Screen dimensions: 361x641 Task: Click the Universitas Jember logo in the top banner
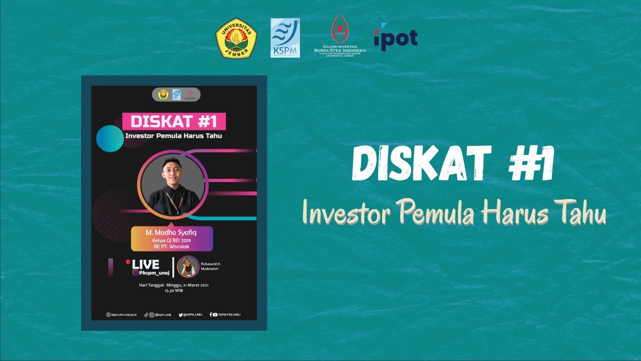coord(236,38)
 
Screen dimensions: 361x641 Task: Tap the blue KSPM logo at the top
coord(285,38)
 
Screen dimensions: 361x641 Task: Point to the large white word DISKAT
coord(421,164)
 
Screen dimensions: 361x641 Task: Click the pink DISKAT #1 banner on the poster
coord(174,122)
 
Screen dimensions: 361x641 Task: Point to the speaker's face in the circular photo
coord(173,172)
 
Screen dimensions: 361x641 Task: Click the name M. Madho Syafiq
coord(172,233)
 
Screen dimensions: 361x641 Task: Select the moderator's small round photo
coord(188,266)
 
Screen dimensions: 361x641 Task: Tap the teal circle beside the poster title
coord(110,138)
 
